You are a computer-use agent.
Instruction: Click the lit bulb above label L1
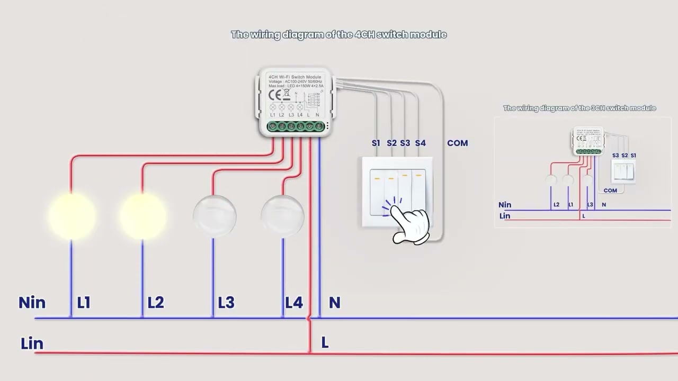72,215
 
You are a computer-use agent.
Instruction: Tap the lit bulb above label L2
142,215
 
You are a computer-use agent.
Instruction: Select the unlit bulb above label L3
214,216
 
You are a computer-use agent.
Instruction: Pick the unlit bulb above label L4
282,216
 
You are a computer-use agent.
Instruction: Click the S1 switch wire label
376,143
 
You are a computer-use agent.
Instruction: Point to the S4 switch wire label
420,143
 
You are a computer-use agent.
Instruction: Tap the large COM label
457,143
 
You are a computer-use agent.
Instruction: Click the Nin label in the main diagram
32,303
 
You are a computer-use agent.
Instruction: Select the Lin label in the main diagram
32,343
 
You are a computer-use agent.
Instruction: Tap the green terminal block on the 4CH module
296,126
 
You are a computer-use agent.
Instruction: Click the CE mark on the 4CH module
275,95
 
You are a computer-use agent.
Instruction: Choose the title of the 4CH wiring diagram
339,34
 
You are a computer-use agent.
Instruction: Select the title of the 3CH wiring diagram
579,108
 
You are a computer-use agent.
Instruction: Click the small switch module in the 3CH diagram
588,140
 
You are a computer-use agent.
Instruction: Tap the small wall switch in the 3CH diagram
623,171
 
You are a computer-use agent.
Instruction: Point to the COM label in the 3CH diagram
610,190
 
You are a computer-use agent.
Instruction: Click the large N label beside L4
334,303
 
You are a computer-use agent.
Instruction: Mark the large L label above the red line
325,343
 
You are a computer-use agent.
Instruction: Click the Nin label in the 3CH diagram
505,205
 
